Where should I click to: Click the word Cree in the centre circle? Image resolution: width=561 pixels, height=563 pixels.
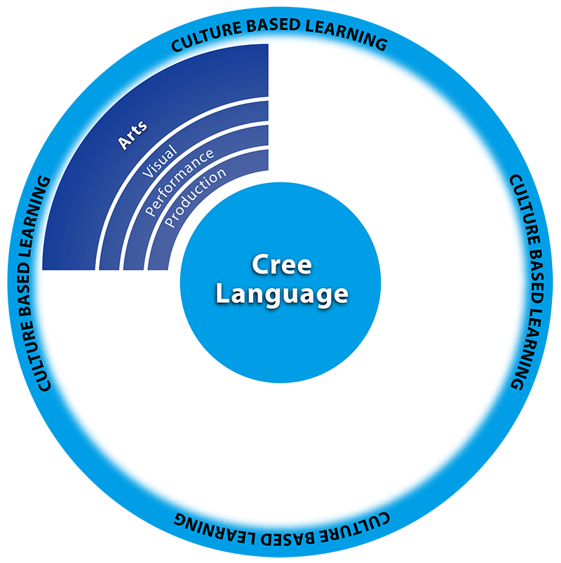(281, 266)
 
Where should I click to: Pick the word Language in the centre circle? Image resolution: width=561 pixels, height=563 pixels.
(281, 294)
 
